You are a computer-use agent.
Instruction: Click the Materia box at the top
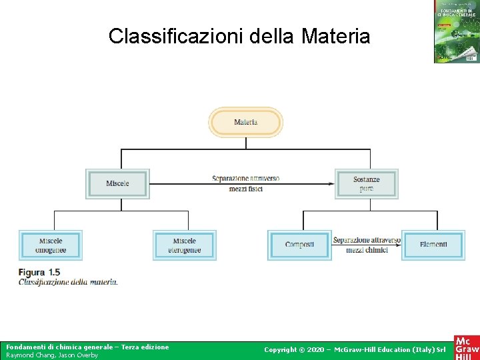[246, 123]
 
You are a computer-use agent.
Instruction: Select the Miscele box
[117, 183]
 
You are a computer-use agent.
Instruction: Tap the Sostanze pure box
[366, 183]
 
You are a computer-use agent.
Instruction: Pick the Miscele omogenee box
[51, 245]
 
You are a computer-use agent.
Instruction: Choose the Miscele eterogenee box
[185, 245]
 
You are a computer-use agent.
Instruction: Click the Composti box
[299, 245]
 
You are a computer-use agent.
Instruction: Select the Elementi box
[433, 245]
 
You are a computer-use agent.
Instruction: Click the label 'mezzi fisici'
[245, 189]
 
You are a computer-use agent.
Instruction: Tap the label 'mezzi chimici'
[366, 250]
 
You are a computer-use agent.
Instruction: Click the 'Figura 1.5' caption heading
[39, 272]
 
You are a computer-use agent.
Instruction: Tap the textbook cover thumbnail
[457, 32]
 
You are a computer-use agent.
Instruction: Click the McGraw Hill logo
[466, 347]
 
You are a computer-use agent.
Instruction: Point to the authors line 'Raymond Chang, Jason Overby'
[52, 355]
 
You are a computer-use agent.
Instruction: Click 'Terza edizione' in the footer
[146, 347]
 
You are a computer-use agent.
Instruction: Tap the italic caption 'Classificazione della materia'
[68, 282]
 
